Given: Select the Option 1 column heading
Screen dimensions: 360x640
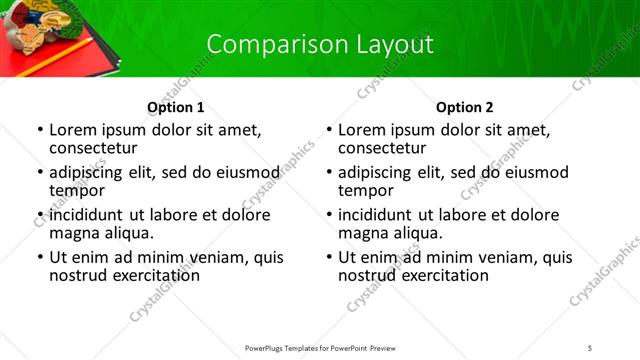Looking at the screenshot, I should [175, 107].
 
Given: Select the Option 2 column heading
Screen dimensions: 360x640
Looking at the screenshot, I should [464, 107].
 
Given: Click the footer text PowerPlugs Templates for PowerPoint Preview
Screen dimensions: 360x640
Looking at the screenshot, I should [320, 348].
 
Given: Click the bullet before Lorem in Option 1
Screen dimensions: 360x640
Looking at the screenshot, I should [39, 130].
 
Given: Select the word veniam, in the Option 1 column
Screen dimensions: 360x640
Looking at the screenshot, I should [210, 257].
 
